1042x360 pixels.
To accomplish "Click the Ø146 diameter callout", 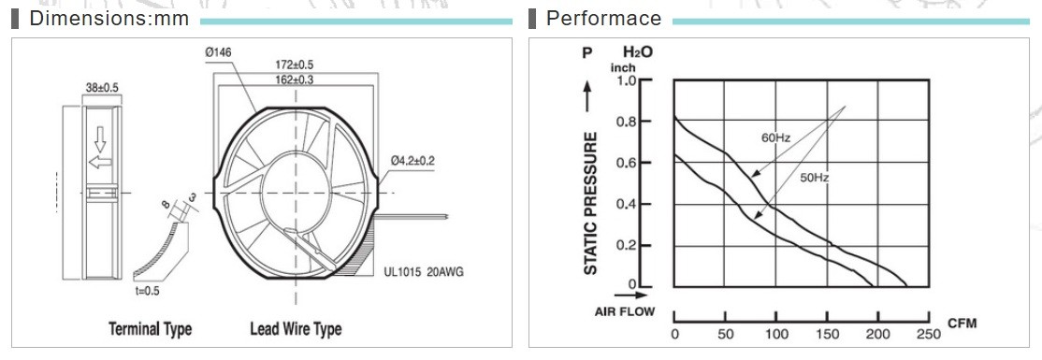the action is [x=218, y=51].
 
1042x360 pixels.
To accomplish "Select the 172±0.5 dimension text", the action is [x=294, y=65].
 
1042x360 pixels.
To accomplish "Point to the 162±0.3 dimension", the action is [x=294, y=79].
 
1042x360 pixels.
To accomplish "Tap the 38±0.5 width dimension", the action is [x=102, y=87].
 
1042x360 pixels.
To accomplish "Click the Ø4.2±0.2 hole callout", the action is [x=412, y=160].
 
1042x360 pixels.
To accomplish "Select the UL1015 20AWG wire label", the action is [x=424, y=272].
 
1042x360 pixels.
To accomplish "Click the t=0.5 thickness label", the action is [x=147, y=290].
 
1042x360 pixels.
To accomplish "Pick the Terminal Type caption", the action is [x=151, y=329].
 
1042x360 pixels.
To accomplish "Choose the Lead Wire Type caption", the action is [x=296, y=329].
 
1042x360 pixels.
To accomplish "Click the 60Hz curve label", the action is [x=775, y=138].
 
